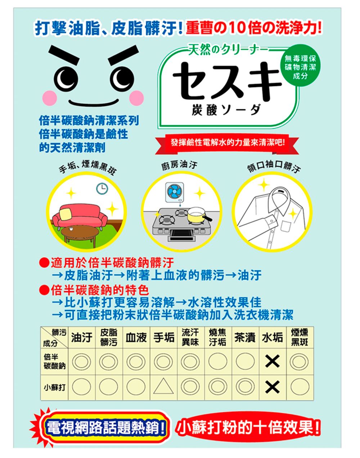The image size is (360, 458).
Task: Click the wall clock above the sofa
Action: [102, 187]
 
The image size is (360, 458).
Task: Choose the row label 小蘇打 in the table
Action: [55, 387]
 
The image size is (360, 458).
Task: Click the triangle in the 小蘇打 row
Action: [163, 387]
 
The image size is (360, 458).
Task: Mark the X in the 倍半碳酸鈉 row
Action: [272, 361]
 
